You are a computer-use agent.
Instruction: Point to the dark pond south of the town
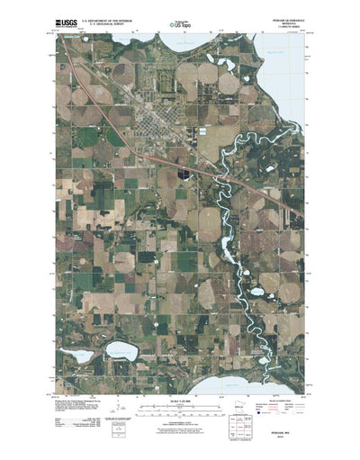click(x=183, y=170)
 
